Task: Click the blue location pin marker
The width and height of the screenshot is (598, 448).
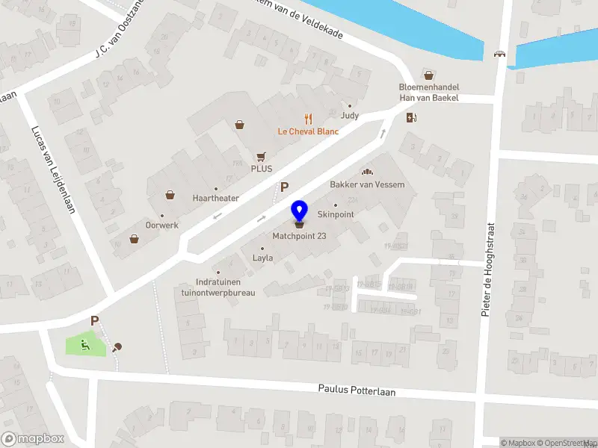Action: coord(299,211)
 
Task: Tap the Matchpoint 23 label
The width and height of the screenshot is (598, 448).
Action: coord(299,236)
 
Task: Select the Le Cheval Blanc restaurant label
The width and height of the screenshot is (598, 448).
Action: coord(308,131)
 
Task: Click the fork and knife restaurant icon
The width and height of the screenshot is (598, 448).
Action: coord(307,118)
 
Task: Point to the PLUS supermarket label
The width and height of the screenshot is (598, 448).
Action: coord(261,169)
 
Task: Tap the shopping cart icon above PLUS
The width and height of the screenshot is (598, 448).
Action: coord(261,156)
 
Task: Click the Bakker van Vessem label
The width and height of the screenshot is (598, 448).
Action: coord(367,184)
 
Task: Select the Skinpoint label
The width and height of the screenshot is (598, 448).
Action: coord(336,214)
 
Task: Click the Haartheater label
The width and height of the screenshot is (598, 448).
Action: coord(216,198)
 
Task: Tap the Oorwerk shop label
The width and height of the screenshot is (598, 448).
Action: coord(161,225)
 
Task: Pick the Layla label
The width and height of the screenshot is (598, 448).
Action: coord(262,258)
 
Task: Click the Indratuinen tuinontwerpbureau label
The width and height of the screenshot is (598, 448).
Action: coord(214,287)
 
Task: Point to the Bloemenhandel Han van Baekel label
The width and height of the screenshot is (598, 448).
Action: coord(428,92)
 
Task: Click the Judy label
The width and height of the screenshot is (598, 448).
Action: coord(350,116)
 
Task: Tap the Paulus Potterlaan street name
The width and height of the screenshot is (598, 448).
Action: coord(357,390)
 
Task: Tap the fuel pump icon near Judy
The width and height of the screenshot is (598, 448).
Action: coord(410,116)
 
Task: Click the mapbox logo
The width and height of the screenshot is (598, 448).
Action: coord(33,439)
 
